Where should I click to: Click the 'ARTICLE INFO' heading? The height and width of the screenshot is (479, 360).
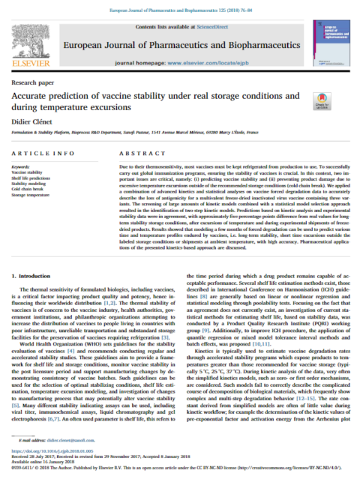coord(42,154)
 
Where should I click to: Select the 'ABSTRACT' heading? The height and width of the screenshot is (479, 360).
coord(137,154)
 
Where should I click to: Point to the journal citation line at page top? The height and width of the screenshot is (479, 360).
coord(180,7)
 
